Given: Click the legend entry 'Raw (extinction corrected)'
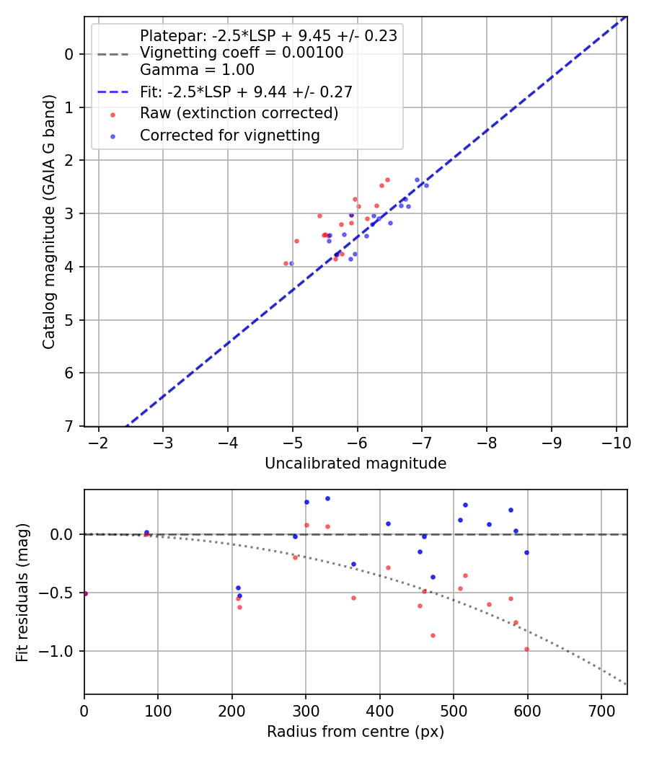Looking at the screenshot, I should click(x=239, y=113).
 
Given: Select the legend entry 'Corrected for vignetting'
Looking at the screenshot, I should click(x=229, y=135).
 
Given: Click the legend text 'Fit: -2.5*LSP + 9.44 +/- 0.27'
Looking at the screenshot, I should click(x=246, y=92).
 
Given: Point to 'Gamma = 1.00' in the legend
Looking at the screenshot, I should click(x=197, y=70).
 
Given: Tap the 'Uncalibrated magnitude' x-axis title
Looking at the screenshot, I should click(x=356, y=464).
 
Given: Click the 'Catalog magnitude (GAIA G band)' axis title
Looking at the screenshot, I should click(x=49, y=221).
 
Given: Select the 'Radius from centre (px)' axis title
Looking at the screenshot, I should click(x=356, y=732).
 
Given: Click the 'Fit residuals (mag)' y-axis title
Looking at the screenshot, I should click(x=23, y=592).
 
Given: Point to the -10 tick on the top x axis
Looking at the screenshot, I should click(x=616, y=442).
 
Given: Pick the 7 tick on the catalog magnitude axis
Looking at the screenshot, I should click(x=69, y=426).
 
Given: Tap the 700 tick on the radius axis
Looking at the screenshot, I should click(x=601, y=710).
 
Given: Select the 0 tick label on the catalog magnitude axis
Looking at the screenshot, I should click(x=69, y=54).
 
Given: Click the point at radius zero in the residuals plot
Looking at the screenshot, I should click(x=85, y=593).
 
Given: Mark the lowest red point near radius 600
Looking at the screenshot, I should click(x=526, y=649).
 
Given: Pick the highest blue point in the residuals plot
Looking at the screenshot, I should click(x=327, y=498).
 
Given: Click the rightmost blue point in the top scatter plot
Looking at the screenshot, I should click(x=426, y=185).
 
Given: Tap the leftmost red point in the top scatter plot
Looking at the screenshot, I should click(x=286, y=263).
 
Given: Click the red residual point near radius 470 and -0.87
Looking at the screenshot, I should click(x=433, y=635).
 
